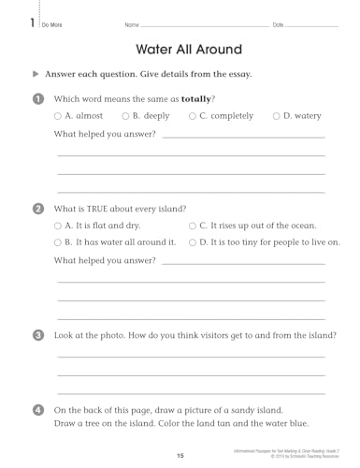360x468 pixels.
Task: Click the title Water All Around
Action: pos(189,49)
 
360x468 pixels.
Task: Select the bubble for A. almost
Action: pos(58,116)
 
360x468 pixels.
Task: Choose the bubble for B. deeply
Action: pos(125,116)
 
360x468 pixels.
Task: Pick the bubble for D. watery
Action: pos(276,116)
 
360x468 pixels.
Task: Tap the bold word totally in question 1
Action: pos(196,98)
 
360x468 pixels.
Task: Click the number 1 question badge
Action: pos(37,98)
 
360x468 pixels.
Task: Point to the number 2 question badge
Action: pos(37,208)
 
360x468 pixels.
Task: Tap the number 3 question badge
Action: pos(37,335)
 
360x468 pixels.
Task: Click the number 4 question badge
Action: pos(37,410)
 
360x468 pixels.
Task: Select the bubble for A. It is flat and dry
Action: pos(58,226)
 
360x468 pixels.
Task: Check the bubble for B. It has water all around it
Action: pos(58,242)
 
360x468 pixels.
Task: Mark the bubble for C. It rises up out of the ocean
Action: pos(192,226)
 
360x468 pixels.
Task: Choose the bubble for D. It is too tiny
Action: pos(192,242)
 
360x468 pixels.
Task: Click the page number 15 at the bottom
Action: pos(180,455)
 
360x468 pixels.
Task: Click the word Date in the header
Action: pos(278,23)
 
